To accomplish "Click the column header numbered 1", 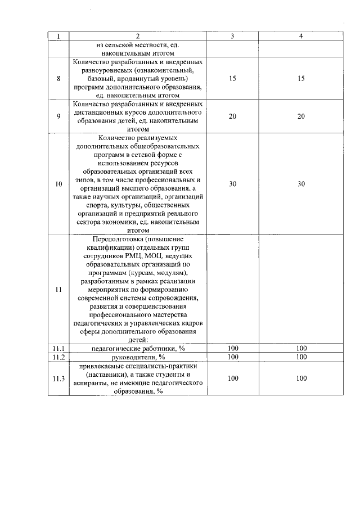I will [58, 37].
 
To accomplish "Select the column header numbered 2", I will [138, 37].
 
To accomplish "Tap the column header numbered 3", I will [233, 37].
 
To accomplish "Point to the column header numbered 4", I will [301, 37].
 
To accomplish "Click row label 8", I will [58, 79].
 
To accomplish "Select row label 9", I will [58, 116].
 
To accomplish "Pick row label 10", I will [58, 183].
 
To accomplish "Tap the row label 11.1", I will [58, 349].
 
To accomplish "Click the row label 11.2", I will [58, 357].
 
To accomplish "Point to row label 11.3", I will [58, 379].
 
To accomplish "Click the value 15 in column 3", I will [233, 79].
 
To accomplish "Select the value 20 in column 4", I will [301, 116].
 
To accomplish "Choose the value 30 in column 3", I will [233, 183].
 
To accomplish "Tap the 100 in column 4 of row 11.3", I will [301, 379].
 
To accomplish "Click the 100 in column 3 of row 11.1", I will [233, 349].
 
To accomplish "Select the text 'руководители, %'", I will [138, 357].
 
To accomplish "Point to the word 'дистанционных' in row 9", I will [104, 112].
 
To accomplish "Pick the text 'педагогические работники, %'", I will [138, 349].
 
